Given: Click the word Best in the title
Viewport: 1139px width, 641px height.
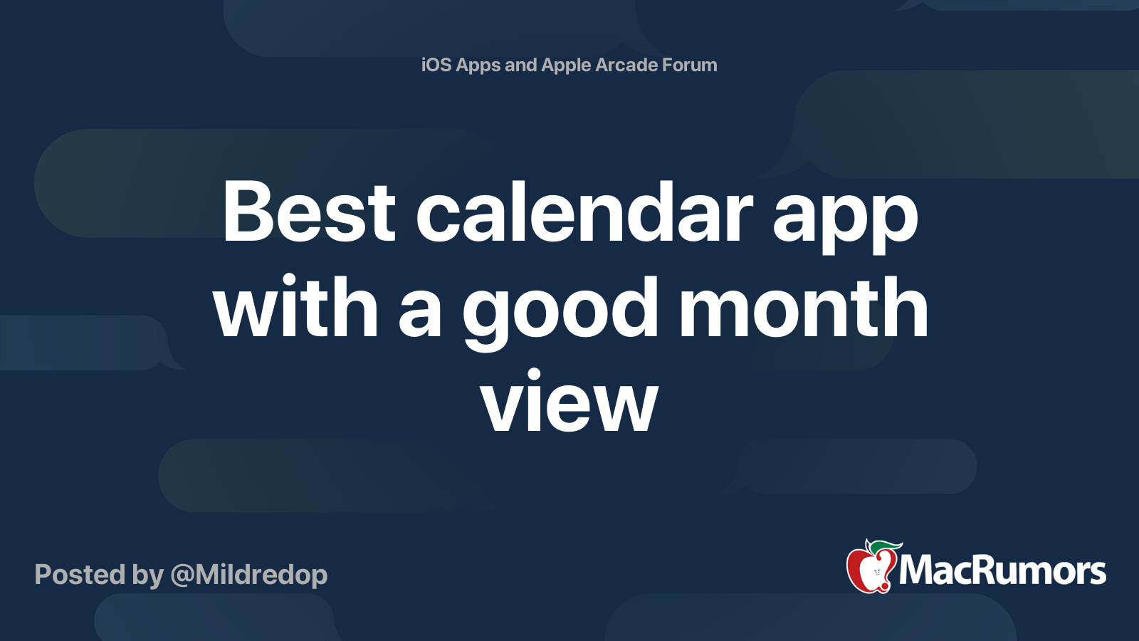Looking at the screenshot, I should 308,212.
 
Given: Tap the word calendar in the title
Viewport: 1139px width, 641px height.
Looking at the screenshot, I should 584,212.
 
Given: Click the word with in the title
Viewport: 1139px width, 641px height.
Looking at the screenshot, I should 296,308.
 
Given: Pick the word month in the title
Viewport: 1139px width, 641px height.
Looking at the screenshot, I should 804,308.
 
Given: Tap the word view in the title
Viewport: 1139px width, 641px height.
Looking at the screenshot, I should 569,403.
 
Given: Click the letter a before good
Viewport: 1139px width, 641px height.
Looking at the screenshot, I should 420,313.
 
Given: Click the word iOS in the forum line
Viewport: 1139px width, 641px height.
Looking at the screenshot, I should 436,65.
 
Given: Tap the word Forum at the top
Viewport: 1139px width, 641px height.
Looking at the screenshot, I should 690,65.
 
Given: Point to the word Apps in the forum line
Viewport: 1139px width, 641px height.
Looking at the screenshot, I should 478,66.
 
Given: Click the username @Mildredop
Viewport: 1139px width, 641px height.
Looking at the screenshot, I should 249,575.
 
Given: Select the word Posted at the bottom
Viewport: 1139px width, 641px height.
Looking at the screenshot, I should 80,575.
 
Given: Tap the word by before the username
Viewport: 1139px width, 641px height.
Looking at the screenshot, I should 147,575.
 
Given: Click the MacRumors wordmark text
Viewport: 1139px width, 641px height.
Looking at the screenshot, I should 1002,571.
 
